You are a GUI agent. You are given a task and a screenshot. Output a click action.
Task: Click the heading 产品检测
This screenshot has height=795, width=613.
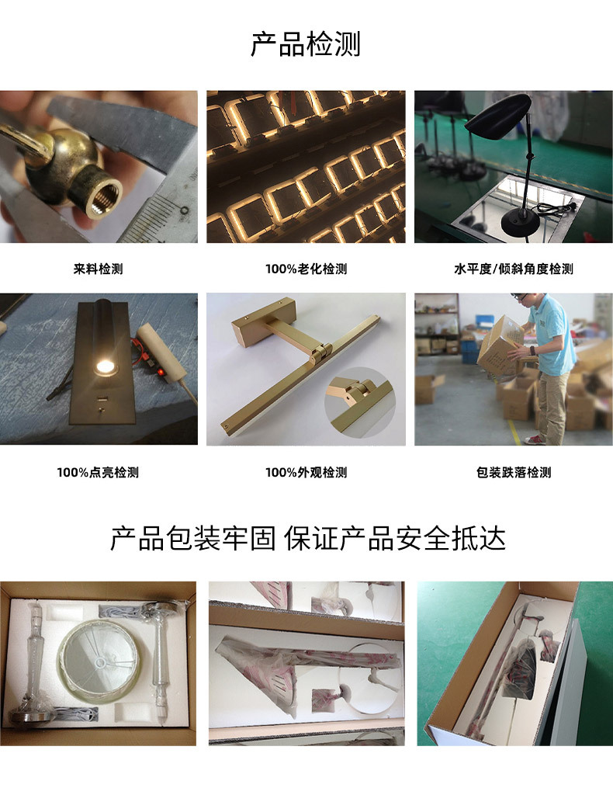(306, 44)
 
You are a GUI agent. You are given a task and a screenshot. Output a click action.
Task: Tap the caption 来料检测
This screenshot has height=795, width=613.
(99, 269)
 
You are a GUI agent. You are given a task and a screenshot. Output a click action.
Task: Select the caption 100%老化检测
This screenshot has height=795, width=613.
(306, 269)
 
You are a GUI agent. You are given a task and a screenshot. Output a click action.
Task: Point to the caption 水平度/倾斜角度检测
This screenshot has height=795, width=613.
(514, 269)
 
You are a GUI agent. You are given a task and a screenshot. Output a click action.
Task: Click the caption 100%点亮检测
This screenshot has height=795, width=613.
(98, 472)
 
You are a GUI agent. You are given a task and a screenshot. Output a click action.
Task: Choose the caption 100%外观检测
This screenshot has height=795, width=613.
(306, 472)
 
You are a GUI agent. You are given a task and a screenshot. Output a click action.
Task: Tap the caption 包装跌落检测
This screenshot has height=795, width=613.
(514, 472)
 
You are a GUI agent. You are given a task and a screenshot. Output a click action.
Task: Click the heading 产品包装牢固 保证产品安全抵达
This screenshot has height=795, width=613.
(308, 538)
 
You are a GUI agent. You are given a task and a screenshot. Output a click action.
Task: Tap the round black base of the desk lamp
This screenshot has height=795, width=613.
(521, 221)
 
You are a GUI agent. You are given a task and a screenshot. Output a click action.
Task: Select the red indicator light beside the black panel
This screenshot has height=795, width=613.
(161, 372)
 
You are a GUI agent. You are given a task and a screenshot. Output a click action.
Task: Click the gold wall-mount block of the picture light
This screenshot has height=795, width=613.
(264, 321)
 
